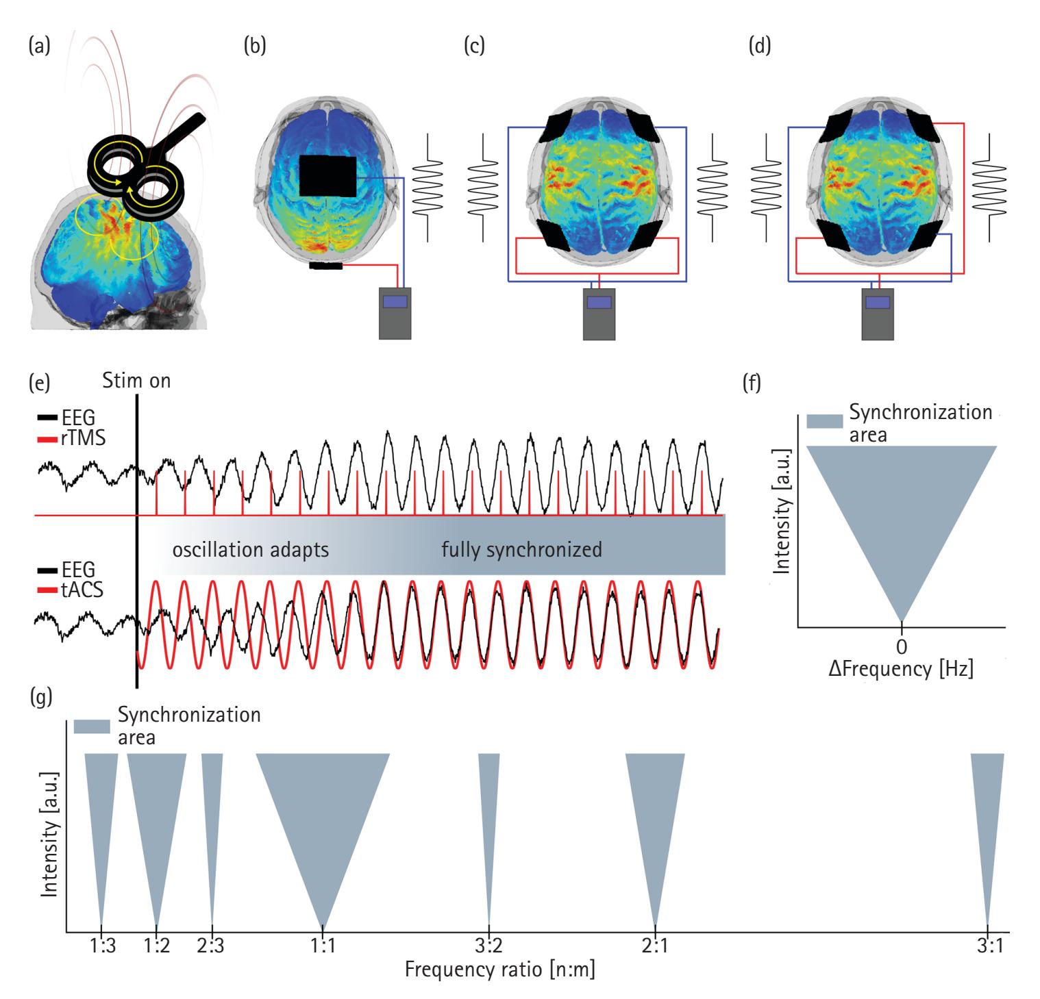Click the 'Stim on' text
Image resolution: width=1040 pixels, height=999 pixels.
(x=136, y=380)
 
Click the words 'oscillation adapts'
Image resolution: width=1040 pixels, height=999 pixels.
(x=251, y=550)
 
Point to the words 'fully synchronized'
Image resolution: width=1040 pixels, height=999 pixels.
(x=521, y=550)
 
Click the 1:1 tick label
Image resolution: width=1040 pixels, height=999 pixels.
(x=323, y=946)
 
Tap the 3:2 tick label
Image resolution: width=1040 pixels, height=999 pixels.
(x=488, y=946)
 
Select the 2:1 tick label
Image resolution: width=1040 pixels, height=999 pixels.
(x=656, y=946)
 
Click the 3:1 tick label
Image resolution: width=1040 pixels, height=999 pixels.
(x=987, y=946)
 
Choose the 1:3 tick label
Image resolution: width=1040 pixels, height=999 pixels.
(x=101, y=946)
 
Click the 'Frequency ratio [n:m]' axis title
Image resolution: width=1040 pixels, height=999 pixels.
(x=499, y=970)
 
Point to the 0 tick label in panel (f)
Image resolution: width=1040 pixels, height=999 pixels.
(x=902, y=646)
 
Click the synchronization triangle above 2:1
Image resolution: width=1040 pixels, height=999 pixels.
(x=656, y=808)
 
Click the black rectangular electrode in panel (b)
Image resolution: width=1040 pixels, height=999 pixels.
(x=327, y=176)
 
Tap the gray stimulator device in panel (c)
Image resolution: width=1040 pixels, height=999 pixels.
(x=599, y=314)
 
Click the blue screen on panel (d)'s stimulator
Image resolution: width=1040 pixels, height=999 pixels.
(x=877, y=301)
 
